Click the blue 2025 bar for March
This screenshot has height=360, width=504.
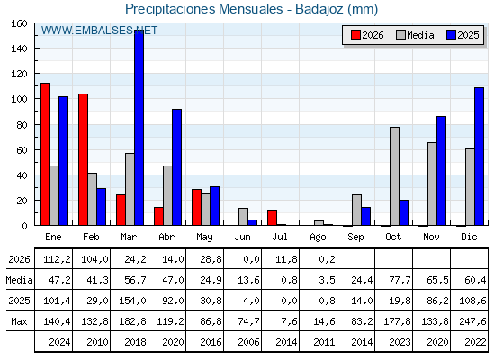click(x=139, y=128)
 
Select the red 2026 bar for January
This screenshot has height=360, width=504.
click(x=45, y=154)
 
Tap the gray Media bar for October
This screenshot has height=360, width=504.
click(x=395, y=176)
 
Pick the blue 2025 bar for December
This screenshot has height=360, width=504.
click(x=479, y=157)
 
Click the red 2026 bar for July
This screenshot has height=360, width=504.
click(x=272, y=218)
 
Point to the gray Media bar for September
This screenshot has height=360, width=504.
click(x=356, y=210)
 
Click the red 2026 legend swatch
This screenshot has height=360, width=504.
click(x=355, y=35)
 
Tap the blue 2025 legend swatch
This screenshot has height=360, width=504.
click(x=451, y=35)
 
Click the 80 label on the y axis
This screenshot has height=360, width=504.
click(x=22, y=125)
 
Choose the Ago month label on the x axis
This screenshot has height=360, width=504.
click(x=318, y=238)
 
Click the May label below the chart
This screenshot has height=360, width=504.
click(x=204, y=238)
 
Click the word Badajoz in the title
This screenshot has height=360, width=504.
click(x=319, y=9)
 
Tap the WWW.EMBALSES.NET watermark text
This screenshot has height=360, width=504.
click(x=99, y=31)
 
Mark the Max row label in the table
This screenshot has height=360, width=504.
click(x=19, y=321)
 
